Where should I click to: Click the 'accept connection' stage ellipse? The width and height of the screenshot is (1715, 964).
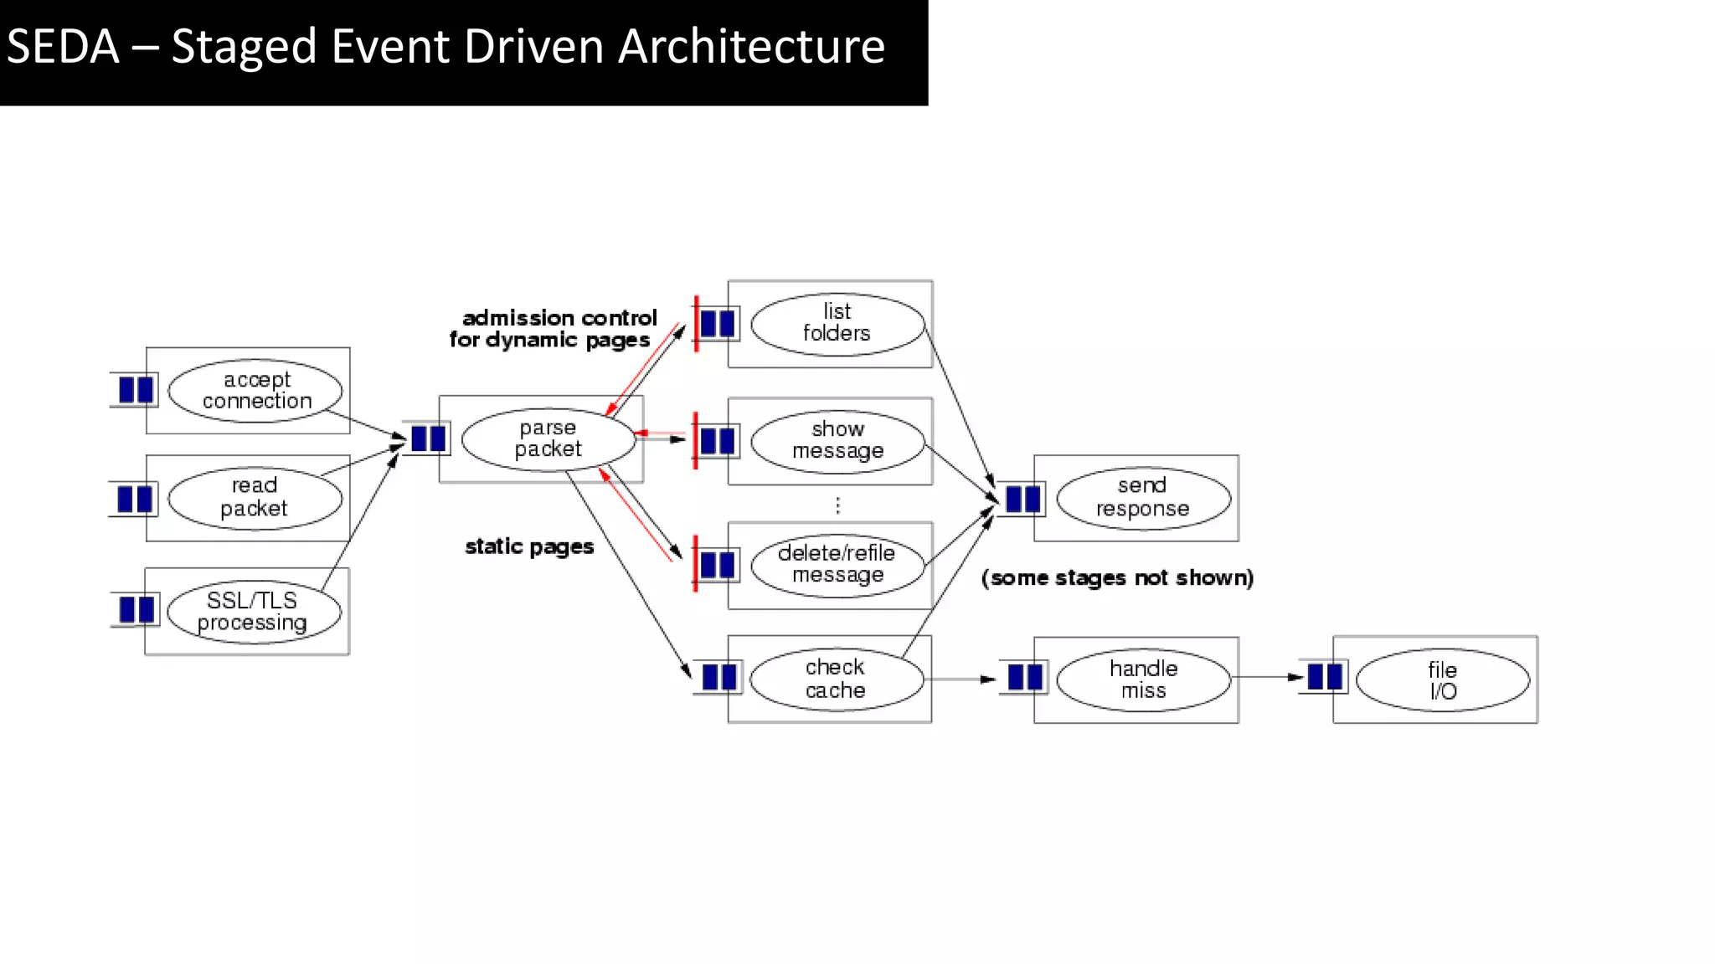[x=255, y=391]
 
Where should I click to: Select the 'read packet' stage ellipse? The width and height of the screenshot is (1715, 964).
[x=255, y=498]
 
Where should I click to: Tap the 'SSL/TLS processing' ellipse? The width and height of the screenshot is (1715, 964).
[x=254, y=612]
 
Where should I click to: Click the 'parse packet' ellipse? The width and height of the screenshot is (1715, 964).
[x=548, y=439]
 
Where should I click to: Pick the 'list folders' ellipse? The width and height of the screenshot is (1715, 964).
[x=837, y=324]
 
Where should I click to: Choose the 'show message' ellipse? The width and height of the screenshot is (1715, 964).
[x=837, y=441]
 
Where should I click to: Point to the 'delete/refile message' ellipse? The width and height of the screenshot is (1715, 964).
[x=837, y=565]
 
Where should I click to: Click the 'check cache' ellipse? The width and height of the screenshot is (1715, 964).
[x=836, y=679]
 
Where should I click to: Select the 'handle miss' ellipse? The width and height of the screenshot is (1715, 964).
[x=1143, y=679]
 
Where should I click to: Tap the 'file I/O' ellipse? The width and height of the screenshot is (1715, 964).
[x=1442, y=680]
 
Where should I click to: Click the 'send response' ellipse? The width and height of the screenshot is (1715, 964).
[x=1143, y=498]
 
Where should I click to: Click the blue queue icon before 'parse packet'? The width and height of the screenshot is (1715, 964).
[x=428, y=438]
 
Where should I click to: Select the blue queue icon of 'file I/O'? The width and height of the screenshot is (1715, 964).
[x=1325, y=676]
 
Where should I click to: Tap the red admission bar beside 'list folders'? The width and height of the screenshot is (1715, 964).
[x=696, y=323]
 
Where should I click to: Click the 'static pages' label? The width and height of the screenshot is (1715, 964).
[x=529, y=547]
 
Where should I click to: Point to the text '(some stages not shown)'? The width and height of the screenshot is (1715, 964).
[x=1117, y=578]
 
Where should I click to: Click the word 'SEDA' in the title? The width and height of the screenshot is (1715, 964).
[x=63, y=47]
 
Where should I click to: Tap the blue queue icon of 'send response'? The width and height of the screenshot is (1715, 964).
[x=1022, y=499]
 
